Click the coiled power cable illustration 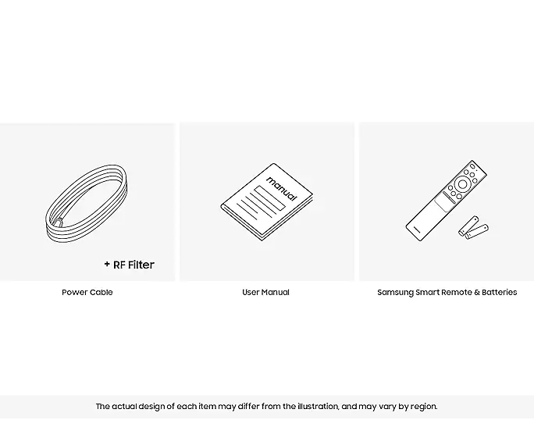coord(51,218)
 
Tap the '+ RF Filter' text coord(130,265)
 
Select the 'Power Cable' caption coord(87,292)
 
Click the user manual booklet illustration coord(267,201)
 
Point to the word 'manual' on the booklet coord(282,188)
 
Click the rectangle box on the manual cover coord(269,197)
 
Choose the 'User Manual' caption coord(265,292)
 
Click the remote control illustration coord(446,201)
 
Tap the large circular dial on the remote coord(462,184)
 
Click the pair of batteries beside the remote coord(473,227)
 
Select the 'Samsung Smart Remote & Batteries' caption coord(447,292)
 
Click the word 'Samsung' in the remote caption coord(395,293)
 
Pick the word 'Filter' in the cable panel coord(141,265)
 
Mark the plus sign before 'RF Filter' coord(107,264)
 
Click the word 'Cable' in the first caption coord(101,292)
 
